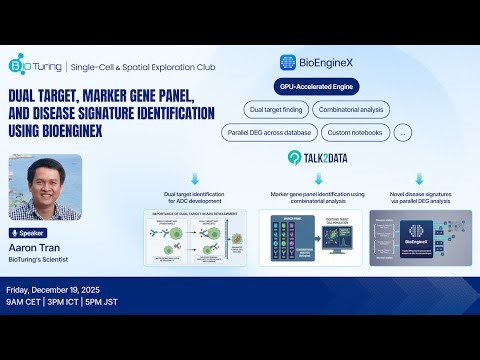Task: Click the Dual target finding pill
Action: (275, 110)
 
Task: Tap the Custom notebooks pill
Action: (353, 133)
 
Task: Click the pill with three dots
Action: (403, 133)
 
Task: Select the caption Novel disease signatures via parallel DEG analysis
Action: (410, 194)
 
